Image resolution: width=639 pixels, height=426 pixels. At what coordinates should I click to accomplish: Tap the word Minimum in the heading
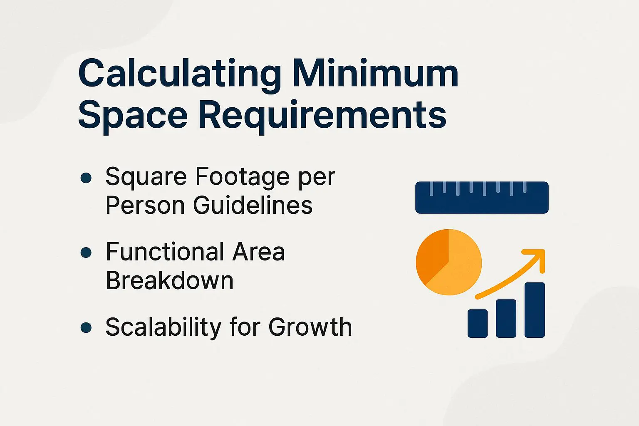tap(375, 74)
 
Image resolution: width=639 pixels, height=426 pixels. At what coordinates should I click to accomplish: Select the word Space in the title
tap(133, 115)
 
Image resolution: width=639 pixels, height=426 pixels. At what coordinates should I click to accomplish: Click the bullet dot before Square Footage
tap(86, 178)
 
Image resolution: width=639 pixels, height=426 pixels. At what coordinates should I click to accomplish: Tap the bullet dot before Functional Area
tap(86, 253)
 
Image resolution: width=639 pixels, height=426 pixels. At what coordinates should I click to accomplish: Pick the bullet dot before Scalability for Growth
tap(86, 327)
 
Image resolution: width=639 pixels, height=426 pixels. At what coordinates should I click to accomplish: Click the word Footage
tap(243, 177)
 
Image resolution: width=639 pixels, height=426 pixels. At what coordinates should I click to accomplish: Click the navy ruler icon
tap(482, 198)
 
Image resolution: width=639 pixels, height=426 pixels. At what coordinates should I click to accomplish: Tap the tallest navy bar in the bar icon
tap(535, 310)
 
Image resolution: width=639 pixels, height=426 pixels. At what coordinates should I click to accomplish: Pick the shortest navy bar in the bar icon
tap(478, 323)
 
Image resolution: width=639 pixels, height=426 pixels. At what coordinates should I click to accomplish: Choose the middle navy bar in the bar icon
tap(506, 318)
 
